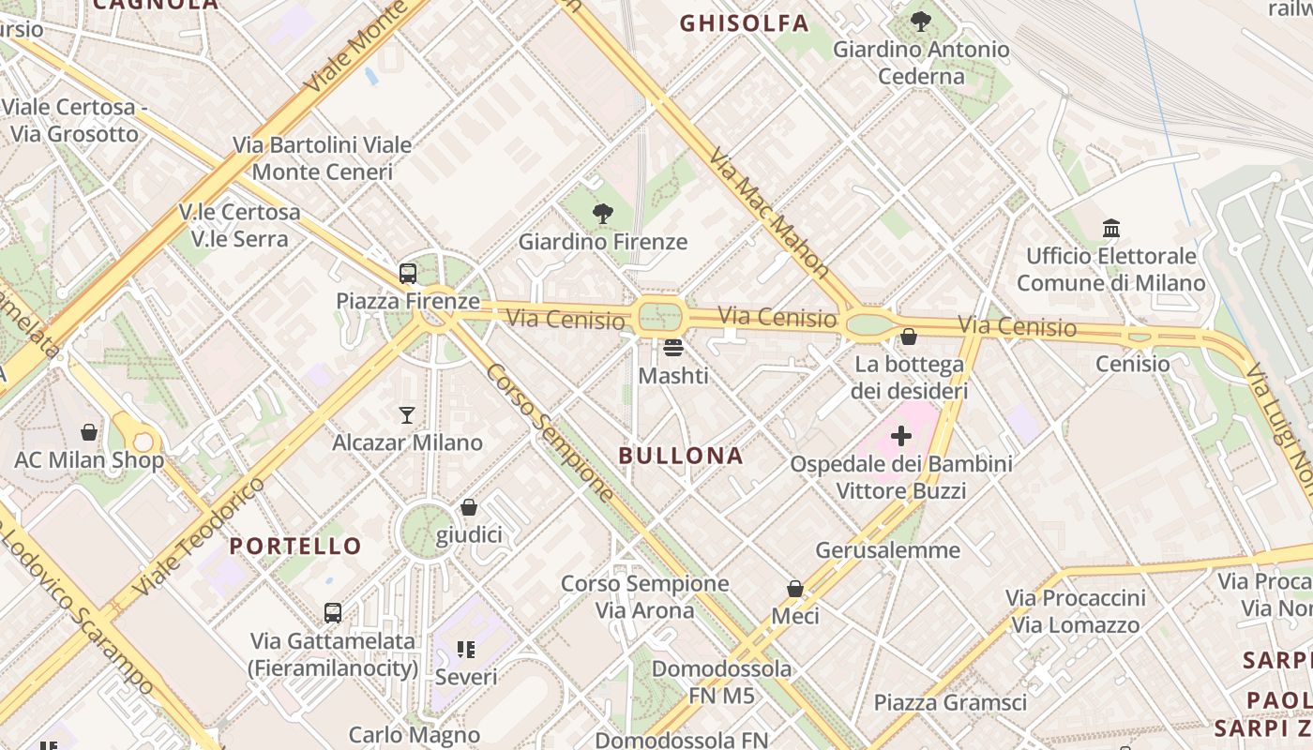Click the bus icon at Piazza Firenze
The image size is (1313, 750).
coord(407,274)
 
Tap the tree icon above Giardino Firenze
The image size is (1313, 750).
coord(603,214)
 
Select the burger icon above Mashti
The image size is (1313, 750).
coord(672,348)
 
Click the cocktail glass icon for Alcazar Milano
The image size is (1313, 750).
coord(407,414)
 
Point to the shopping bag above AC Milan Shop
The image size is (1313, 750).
coord(89,432)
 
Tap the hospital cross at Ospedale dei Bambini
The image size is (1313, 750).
coord(900,436)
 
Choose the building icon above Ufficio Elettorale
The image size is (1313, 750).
coord(1111,228)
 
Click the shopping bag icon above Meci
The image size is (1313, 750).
coord(794,589)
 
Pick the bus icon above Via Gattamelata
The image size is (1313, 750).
coord(332,613)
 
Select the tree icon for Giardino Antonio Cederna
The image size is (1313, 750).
coord(921,21)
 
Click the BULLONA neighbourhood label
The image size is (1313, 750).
coord(681,456)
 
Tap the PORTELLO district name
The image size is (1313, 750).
coord(295,546)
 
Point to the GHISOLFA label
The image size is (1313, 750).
coord(744,23)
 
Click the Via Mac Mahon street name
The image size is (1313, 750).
coord(770,213)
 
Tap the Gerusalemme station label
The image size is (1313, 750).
coord(887,549)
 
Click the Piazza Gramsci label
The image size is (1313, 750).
coord(950,702)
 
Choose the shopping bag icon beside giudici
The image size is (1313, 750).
coord(469,507)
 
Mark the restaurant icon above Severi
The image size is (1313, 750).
coord(465,649)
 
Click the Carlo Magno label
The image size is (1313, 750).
coord(415,735)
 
